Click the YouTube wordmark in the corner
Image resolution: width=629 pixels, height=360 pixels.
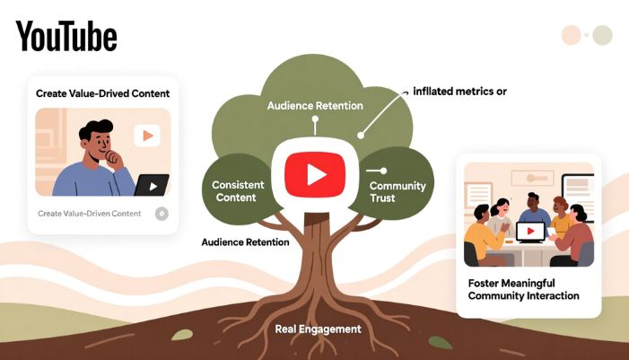pos(66,37)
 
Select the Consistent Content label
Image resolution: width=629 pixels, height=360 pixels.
pos(237,191)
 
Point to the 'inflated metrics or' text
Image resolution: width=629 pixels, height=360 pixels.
pos(460,91)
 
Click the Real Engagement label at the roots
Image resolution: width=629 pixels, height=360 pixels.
pos(318,329)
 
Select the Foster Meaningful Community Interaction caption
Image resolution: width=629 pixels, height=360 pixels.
pos(523,288)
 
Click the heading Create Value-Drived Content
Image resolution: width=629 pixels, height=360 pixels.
pos(102,93)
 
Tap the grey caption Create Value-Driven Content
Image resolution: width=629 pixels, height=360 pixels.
pos(90,214)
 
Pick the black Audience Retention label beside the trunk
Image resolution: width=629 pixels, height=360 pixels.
pos(245,241)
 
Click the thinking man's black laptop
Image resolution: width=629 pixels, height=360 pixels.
pos(151,185)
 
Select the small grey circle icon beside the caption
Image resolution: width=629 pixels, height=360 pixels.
pos(162,214)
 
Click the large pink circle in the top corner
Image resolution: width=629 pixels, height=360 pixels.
pos(572,35)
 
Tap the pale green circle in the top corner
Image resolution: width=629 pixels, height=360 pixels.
pos(602,35)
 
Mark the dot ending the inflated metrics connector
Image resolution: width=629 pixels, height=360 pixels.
pos(360,136)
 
